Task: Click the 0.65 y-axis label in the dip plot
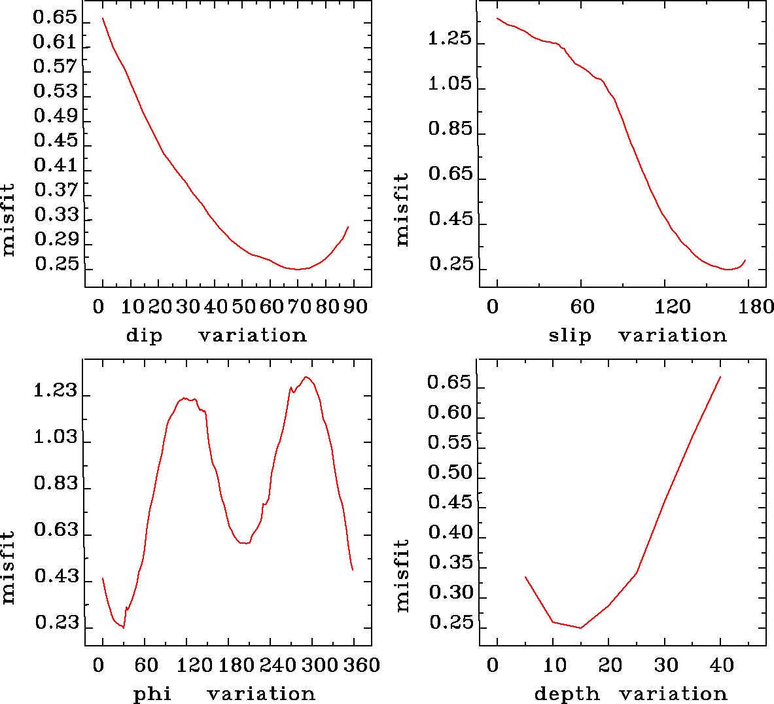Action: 55,18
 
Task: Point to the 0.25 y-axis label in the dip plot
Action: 56,264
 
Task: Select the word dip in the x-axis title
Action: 144,336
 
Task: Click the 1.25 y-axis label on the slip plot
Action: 449,39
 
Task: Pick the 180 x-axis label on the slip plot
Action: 758,306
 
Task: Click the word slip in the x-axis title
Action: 569,336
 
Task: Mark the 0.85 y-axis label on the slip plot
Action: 449,129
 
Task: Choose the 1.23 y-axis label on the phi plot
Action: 55,392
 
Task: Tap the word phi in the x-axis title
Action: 152,694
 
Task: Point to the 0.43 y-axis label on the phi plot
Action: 56,577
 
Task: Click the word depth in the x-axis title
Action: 567,694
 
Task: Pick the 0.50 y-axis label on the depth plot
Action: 449,472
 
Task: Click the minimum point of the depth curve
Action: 580,628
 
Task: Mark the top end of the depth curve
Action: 720,377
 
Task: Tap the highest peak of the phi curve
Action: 306,377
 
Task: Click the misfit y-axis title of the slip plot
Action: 402,209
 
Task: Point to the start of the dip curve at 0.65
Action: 103,18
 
